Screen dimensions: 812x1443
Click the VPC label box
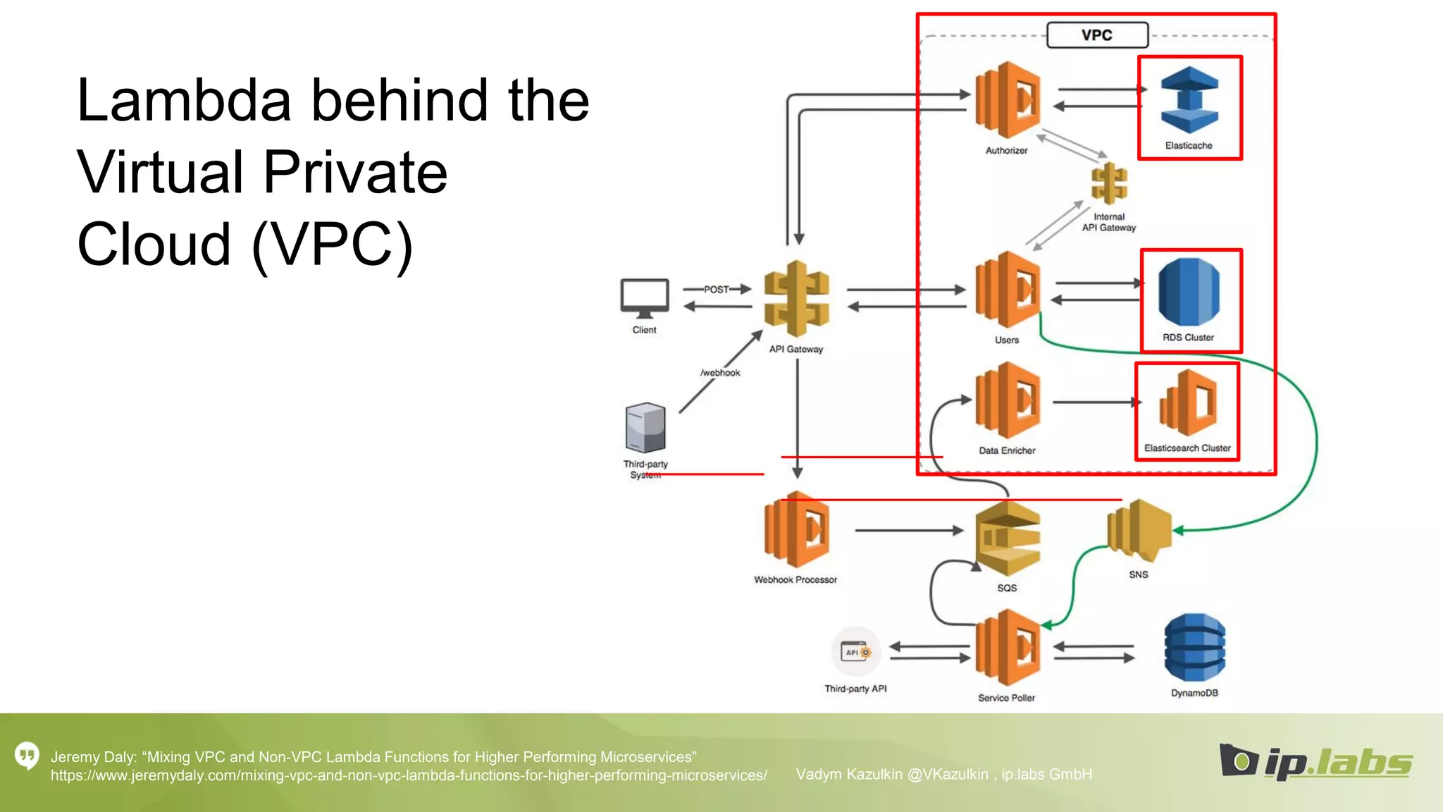tap(1097, 35)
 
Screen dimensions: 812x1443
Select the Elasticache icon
tap(1189, 100)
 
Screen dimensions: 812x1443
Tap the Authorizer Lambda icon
tap(1008, 100)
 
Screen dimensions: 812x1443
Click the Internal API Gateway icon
tap(1109, 183)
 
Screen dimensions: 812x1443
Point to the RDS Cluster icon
tap(1189, 292)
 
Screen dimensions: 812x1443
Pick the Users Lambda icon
tap(1008, 290)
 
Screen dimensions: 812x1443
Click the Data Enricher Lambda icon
tap(1008, 400)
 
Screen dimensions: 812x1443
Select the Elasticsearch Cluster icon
tap(1189, 403)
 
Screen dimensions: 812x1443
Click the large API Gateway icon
tap(797, 298)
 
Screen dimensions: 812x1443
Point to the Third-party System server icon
tap(645, 427)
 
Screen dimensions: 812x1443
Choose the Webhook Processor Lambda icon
tap(796, 530)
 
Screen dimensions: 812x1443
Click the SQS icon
tap(1008, 539)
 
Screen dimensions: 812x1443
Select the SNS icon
tap(1139, 527)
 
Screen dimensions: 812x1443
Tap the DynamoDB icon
tap(1194, 647)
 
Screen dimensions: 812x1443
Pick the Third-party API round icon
tap(855, 652)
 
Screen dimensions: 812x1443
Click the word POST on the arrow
tap(716, 290)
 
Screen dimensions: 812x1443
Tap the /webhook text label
tap(720, 373)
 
